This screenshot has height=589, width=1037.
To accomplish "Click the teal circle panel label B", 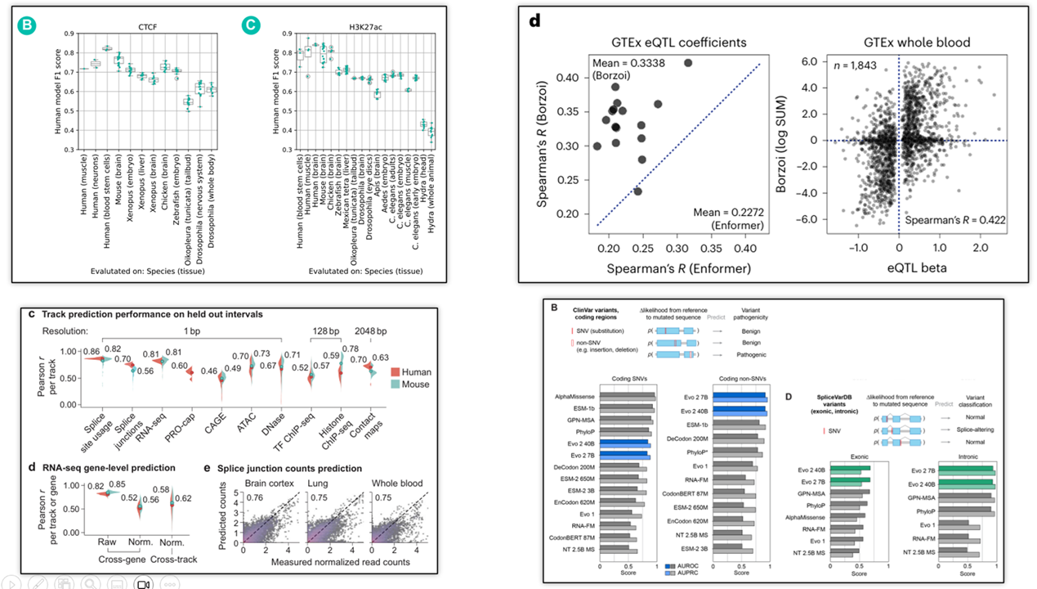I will [27, 25].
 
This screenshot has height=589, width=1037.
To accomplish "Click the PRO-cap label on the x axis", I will [188, 420].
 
